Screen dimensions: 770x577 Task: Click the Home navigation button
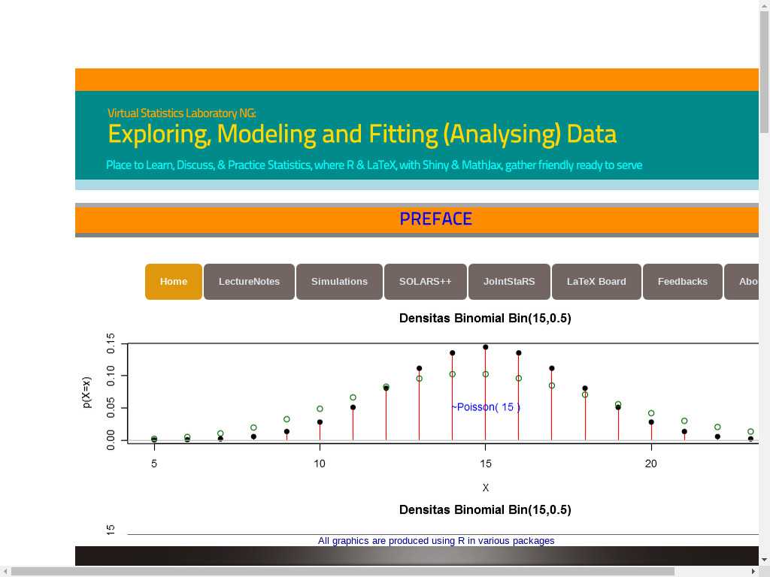(174, 282)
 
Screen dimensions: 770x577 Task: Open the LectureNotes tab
(249, 282)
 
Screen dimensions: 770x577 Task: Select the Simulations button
(339, 282)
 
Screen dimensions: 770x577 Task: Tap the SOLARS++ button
(426, 282)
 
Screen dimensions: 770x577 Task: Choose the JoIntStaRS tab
(509, 282)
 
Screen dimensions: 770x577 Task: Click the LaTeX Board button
(596, 282)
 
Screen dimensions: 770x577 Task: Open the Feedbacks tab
(683, 282)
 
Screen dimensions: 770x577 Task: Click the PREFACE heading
(436, 219)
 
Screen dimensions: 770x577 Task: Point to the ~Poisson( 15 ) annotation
(486, 406)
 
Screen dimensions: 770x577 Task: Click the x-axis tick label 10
(320, 464)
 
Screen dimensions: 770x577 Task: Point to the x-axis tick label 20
(650, 464)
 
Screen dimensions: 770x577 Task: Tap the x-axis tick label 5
(154, 464)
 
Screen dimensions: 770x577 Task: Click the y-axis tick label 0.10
(111, 376)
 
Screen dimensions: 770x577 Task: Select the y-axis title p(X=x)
(87, 392)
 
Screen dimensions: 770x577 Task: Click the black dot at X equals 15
(485, 347)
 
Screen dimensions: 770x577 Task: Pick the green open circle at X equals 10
(320, 409)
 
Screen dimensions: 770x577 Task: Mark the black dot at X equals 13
(419, 368)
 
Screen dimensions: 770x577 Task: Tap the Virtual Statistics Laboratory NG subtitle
(182, 113)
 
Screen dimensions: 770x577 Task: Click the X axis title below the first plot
(485, 488)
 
